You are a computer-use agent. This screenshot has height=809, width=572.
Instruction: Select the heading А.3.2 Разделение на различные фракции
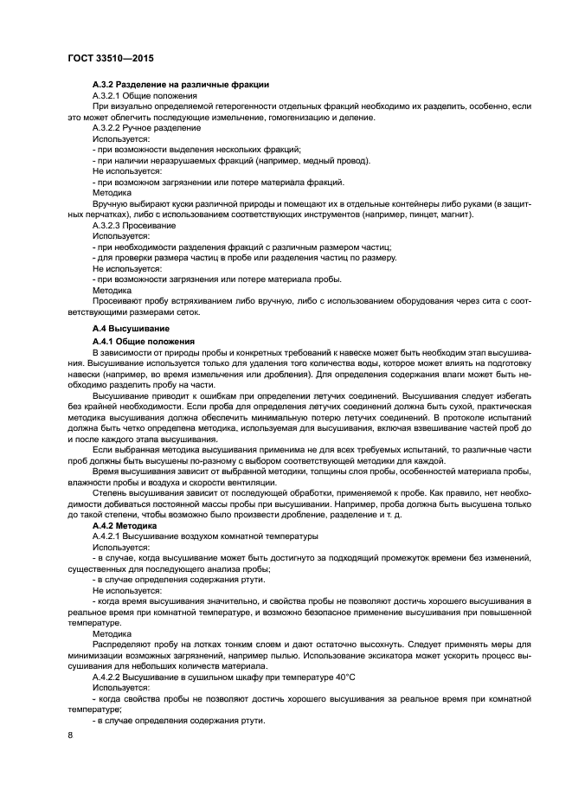point(181,84)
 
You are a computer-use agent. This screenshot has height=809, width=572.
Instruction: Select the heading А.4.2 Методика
point(125,525)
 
